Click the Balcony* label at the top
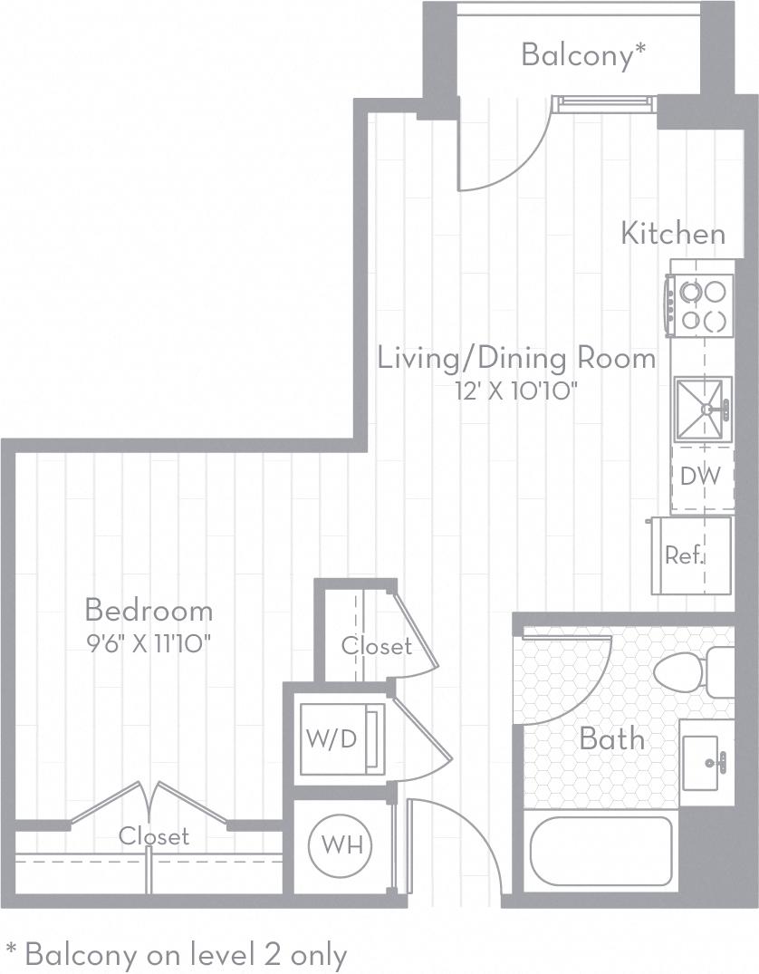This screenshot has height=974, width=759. tap(583, 55)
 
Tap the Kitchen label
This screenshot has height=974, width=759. tap(673, 233)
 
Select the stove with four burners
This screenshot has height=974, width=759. tap(702, 305)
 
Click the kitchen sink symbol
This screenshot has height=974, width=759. tap(703, 410)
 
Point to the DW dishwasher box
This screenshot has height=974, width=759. tap(701, 477)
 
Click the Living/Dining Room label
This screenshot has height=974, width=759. tap(516, 358)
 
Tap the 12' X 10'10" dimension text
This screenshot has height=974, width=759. tap(516, 391)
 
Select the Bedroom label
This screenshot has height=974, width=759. tap(149, 609)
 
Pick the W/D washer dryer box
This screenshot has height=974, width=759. tap(331, 738)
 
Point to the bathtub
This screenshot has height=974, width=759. tap(600, 851)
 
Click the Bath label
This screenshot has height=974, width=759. tap(612, 738)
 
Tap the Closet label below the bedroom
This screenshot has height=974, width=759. tap(154, 835)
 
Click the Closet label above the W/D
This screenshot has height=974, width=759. tap(376, 646)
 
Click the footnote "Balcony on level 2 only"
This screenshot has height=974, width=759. tap(177, 953)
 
